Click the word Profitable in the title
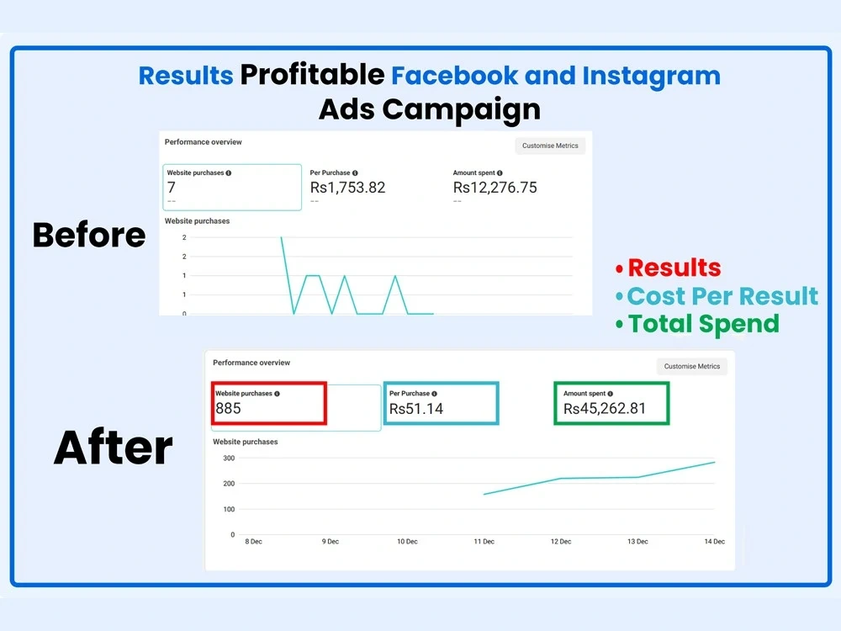[x=312, y=75]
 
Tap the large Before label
[x=89, y=235]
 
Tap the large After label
[x=113, y=448]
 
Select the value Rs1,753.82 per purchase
[x=347, y=188]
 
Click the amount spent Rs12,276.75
[x=495, y=188]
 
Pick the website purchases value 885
[x=228, y=409]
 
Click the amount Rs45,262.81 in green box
[x=605, y=409]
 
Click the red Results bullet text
[x=674, y=268]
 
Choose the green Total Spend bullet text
[x=703, y=323]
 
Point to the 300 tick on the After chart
[x=229, y=458]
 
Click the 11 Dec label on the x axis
[x=484, y=542]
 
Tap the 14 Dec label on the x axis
[x=714, y=542]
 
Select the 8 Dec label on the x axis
[x=254, y=542]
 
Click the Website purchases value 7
[x=172, y=188]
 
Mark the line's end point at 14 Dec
[x=715, y=462]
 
